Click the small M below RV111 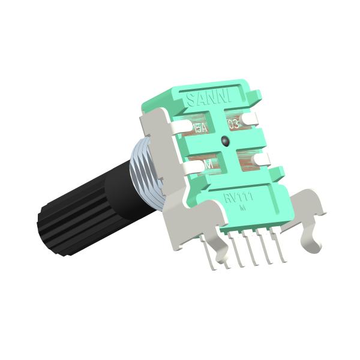tap(241, 208)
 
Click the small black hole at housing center tap(223, 142)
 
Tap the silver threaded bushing tap(144, 174)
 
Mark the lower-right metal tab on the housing tap(262, 158)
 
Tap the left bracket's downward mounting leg tap(210, 252)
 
